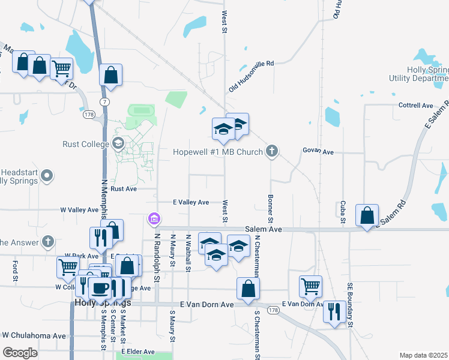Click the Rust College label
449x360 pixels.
pyautogui.click(x=86, y=144)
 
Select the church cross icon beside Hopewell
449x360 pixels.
pyautogui.click(x=272, y=151)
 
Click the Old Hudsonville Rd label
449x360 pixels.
pyautogui.click(x=251, y=77)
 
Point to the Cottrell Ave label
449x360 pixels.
pyautogui.click(x=416, y=106)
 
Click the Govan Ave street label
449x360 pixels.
pyautogui.click(x=318, y=152)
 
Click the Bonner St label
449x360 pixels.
pyautogui.click(x=271, y=206)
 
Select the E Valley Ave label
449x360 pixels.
pyautogui.click(x=191, y=203)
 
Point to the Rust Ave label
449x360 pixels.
pyautogui.click(x=124, y=188)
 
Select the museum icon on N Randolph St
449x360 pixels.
pyautogui.click(x=154, y=220)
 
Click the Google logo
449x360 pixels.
pyautogui.click(x=20, y=352)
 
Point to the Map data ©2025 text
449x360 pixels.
pyautogui.click(x=423, y=355)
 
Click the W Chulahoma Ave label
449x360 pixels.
pyautogui.click(x=34, y=335)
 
